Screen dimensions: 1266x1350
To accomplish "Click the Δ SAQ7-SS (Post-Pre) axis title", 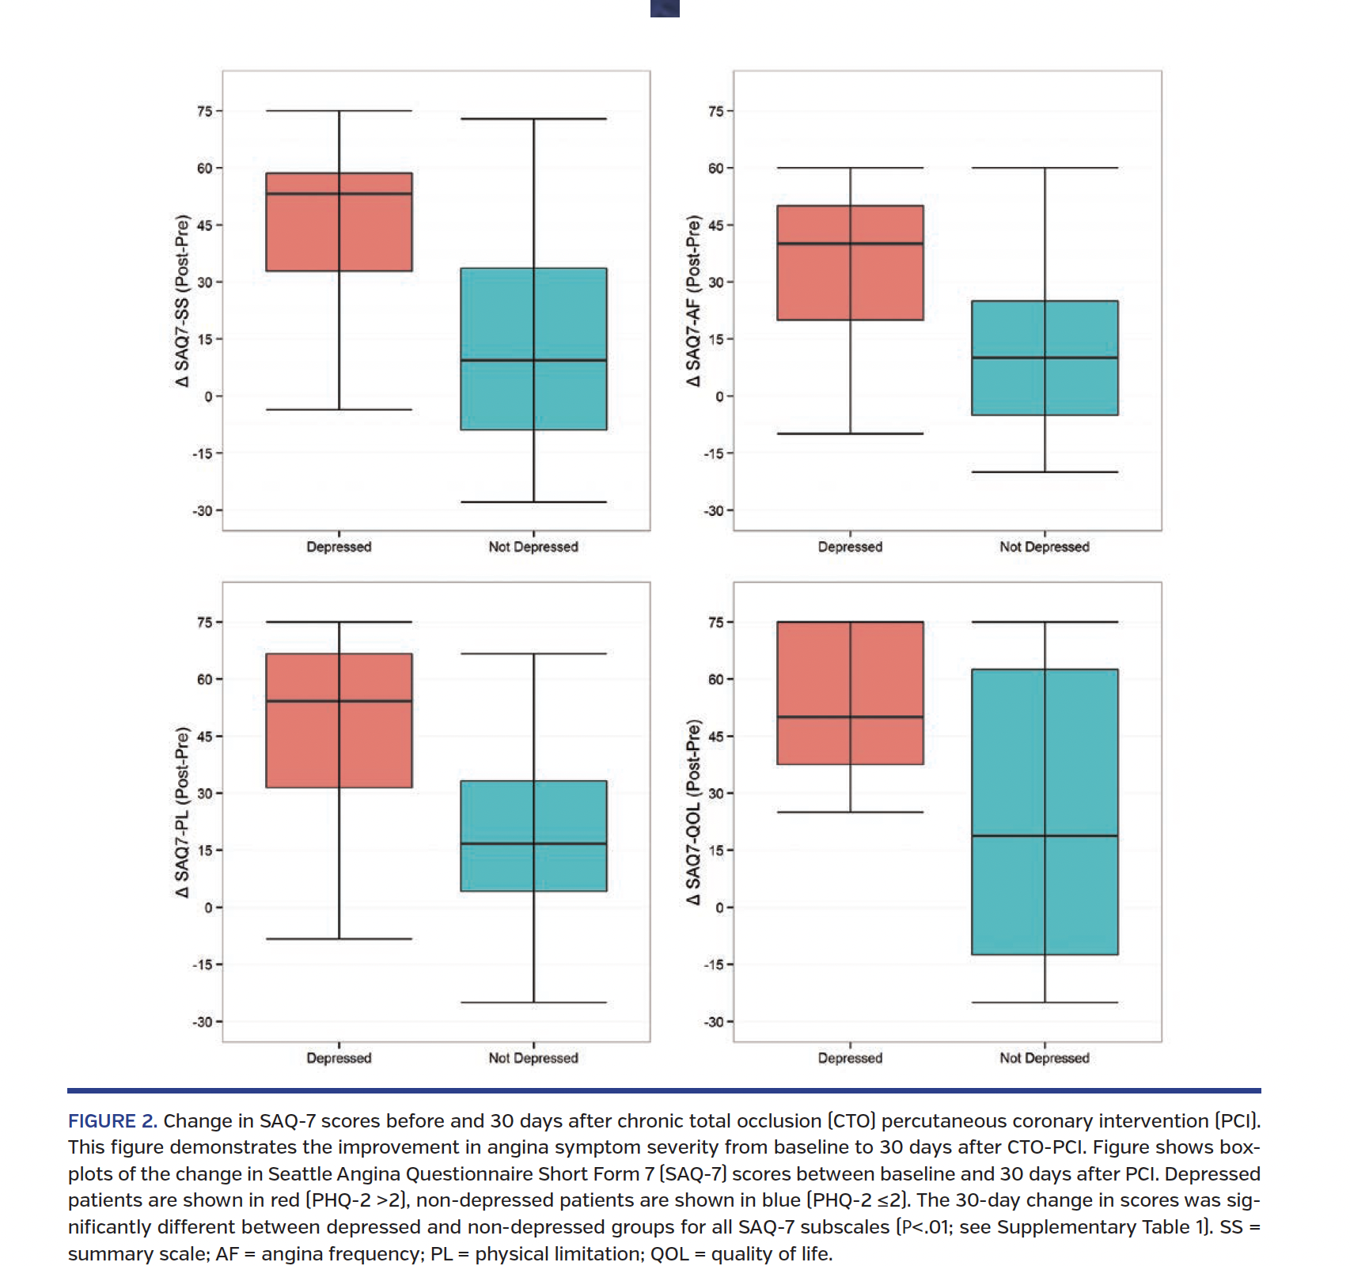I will click(x=183, y=301).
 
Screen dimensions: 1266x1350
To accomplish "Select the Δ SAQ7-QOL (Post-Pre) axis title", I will click(x=694, y=812).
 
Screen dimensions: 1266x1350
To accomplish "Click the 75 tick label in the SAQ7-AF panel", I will click(x=715, y=112).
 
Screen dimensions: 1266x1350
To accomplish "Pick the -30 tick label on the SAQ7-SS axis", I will click(x=203, y=511).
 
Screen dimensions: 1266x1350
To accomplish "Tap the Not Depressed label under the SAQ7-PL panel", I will click(x=533, y=1058).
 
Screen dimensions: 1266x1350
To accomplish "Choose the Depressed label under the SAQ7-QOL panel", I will click(x=850, y=1058).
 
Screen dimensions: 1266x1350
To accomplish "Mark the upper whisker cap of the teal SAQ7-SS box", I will click(x=533, y=119).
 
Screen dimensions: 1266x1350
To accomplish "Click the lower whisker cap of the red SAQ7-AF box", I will click(x=850, y=434).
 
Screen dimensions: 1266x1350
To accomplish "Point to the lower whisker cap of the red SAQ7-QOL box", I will click(x=850, y=812).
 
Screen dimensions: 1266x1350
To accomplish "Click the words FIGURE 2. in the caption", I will click(x=112, y=1121).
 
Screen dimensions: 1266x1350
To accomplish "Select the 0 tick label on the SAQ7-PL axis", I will click(x=208, y=908).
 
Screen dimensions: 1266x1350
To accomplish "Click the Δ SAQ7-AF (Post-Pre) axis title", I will click(x=694, y=301).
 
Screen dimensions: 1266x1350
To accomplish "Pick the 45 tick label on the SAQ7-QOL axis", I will click(x=715, y=737).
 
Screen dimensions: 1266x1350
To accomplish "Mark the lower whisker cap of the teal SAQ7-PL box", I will click(x=533, y=1003).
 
